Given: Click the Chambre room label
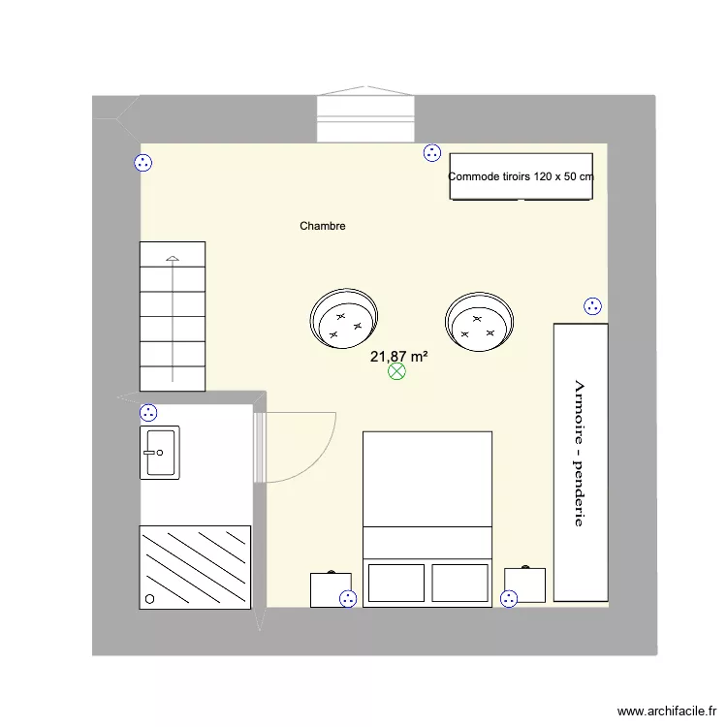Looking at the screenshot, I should (x=323, y=226).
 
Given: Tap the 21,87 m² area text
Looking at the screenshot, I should (x=399, y=357).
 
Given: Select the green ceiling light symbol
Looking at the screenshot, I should (x=396, y=371).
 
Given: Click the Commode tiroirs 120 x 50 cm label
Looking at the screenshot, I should (x=521, y=176).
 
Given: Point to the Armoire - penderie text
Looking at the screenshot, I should (x=579, y=453).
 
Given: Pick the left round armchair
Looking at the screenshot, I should (x=345, y=320).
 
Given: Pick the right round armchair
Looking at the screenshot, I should (x=478, y=321).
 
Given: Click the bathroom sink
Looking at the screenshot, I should (x=160, y=453).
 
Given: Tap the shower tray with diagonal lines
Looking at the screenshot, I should (x=195, y=566).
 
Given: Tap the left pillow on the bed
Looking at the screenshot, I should (x=395, y=583).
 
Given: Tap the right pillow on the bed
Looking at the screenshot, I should (x=459, y=583).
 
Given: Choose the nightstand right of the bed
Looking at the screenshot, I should (x=524, y=585).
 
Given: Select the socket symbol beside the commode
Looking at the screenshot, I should (x=432, y=152).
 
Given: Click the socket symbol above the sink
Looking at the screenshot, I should (x=148, y=412).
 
